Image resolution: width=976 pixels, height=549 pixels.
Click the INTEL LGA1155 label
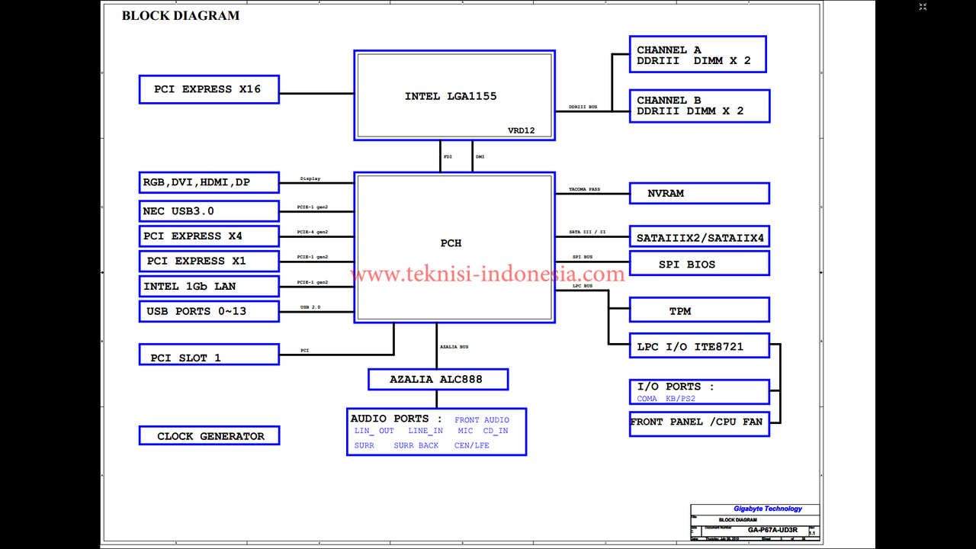(x=451, y=97)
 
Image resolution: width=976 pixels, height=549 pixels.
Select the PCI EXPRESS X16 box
(x=209, y=89)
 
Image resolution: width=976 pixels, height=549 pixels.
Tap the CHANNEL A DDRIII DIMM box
(x=697, y=55)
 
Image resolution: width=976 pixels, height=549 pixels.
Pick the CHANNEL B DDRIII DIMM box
(x=698, y=106)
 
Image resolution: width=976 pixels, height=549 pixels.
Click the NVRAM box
(x=698, y=194)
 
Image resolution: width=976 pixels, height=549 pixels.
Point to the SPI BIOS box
(x=698, y=265)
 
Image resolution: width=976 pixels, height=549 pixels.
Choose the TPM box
(x=698, y=311)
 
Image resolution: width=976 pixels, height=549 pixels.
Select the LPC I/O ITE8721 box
(x=698, y=347)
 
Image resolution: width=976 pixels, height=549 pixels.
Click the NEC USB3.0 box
(x=209, y=211)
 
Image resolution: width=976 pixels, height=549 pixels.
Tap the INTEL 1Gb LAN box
(x=209, y=287)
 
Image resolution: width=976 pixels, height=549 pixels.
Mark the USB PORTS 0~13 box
(x=209, y=311)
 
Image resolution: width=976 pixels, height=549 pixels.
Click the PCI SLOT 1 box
(x=209, y=358)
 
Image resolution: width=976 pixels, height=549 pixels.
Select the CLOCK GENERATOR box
(x=209, y=436)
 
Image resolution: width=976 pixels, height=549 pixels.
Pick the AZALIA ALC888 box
(x=437, y=379)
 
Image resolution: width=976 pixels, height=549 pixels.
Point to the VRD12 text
(x=522, y=131)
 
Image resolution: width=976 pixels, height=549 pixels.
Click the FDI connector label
(x=448, y=157)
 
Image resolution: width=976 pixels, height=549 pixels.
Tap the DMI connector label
(x=480, y=157)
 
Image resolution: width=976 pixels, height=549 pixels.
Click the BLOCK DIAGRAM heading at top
(x=181, y=15)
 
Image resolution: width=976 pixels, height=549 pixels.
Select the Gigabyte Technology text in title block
(x=768, y=509)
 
